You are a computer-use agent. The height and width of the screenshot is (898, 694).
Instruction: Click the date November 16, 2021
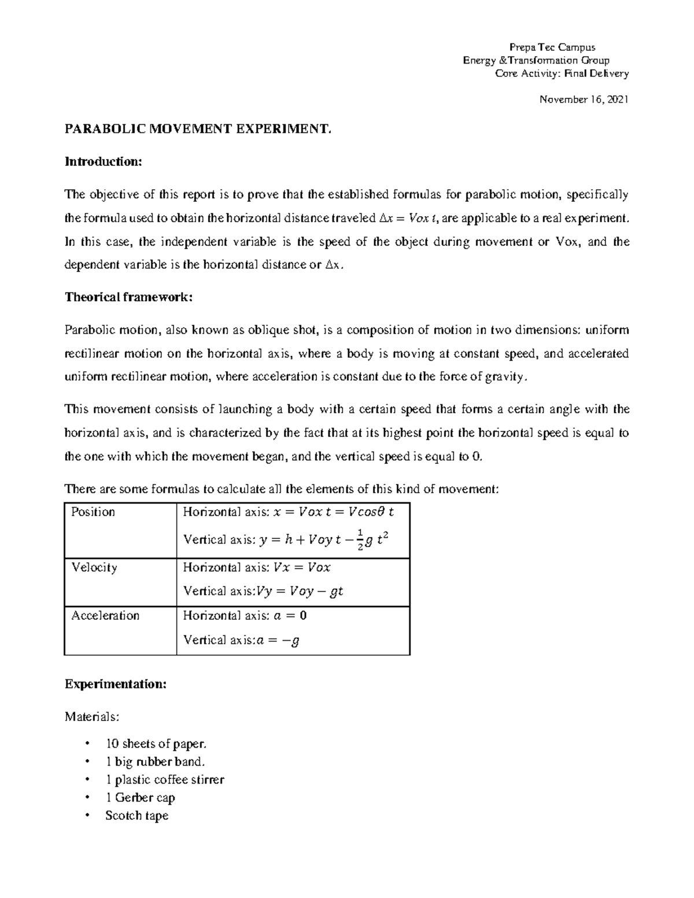(584, 99)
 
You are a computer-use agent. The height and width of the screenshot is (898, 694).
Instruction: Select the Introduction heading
(103, 161)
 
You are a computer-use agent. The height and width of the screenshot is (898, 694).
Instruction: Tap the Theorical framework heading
(128, 297)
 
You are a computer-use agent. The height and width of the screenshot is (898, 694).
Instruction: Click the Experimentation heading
(116, 684)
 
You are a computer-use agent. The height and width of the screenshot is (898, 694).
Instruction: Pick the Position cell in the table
(93, 512)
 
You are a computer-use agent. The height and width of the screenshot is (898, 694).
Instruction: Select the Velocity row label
(94, 567)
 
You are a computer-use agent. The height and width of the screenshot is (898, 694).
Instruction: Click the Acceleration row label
(105, 615)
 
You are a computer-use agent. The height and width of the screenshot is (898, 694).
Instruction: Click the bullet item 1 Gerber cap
(140, 797)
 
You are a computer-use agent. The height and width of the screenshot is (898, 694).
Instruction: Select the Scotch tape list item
(137, 815)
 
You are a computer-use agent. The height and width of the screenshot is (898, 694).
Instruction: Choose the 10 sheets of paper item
(156, 744)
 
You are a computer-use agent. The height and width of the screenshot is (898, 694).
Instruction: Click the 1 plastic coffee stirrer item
(165, 779)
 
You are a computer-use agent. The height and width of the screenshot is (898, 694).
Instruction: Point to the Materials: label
(93, 717)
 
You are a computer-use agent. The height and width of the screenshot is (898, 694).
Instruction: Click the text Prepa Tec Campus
(551, 47)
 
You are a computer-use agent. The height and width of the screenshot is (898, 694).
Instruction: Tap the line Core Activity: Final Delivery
(562, 73)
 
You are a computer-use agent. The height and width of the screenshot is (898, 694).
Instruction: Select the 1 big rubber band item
(156, 762)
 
